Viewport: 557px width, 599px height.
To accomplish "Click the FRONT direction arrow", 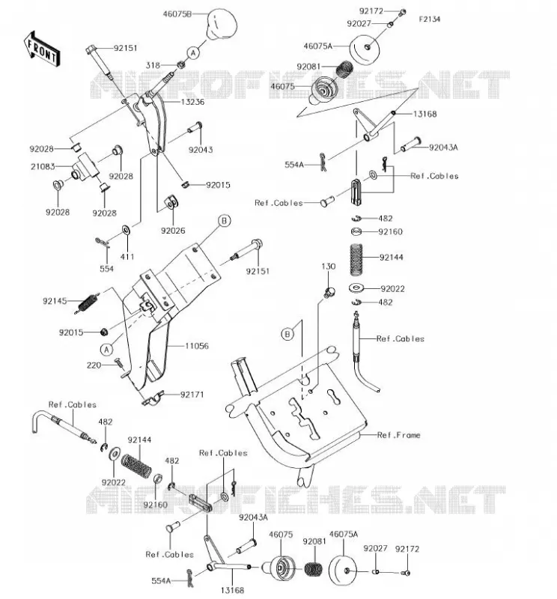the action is click(42, 49).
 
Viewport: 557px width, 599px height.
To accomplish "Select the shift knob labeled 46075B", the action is click(221, 23).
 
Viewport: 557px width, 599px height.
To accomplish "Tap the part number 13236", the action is click(192, 102).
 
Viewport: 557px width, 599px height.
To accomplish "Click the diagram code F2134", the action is click(430, 19).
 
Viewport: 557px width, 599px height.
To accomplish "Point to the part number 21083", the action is click(43, 166).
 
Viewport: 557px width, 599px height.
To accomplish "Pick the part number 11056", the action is click(197, 346).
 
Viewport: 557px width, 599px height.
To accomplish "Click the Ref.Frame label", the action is click(398, 435).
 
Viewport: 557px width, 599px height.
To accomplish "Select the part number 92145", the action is click(55, 301).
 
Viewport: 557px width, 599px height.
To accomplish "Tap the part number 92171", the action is click(192, 395).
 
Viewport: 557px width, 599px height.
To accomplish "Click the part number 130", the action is click(329, 267).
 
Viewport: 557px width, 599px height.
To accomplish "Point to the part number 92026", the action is click(173, 231).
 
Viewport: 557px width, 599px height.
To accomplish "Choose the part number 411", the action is click(127, 257).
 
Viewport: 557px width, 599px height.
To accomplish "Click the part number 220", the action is click(94, 365).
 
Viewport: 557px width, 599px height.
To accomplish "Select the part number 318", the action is click(153, 65).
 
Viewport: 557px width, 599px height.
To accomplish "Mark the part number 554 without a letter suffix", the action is click(106, 269).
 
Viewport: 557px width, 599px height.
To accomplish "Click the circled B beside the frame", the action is click(287, 334).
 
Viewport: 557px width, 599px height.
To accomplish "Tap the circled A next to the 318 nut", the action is click(193, 52).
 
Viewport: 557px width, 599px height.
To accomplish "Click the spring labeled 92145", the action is click(87, 303).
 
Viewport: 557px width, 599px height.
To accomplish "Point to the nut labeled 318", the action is click(181, 64).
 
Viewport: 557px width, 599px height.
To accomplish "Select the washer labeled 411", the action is click(126, 231).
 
